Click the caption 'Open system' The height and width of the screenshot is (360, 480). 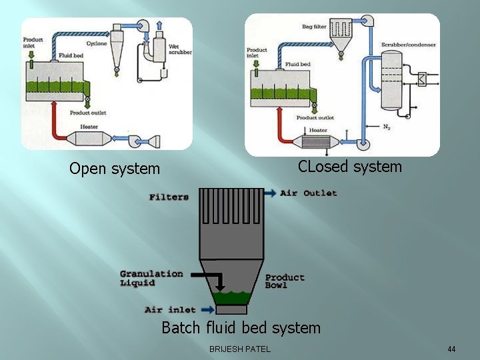tap(115, 169)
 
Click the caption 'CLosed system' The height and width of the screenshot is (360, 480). tap(350, 167)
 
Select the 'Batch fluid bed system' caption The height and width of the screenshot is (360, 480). tap(241, 328)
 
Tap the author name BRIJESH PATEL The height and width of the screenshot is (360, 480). tap(240, 349)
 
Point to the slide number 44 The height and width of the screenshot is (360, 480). tap(451, 349)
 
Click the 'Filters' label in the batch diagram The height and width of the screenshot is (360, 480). tap(169, 197)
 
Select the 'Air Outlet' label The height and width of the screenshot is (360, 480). tap(309, 193)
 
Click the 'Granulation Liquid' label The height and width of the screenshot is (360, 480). tap(151, 278)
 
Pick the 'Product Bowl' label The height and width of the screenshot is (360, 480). tap(285, 281)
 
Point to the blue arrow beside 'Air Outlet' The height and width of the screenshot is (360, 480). tap(269, 193)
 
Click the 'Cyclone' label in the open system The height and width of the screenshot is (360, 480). tap(95, 42)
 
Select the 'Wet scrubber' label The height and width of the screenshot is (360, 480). tap(177, 49)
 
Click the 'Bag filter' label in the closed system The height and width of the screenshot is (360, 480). tap(314, 27)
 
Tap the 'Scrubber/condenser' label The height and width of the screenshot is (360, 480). tap(409, 45)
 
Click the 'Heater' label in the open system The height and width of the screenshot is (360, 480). tap(89, 127)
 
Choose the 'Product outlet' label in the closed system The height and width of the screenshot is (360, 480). tap(315, 118)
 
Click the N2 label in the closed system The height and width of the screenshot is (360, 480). tap(387, 126)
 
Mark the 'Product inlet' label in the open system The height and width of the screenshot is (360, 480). tap(33, 43)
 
